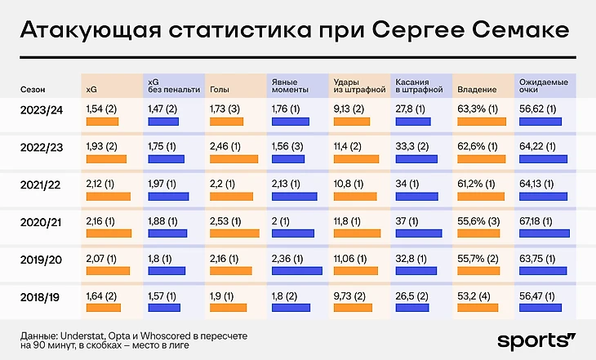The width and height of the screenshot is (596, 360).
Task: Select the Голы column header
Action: [x=219, y=88]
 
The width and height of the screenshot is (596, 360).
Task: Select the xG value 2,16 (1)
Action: [x=101, y=220]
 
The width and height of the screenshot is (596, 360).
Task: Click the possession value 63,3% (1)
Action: [x=478, y=108]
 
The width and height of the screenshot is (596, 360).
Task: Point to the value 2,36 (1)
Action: [x=289, y=258]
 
